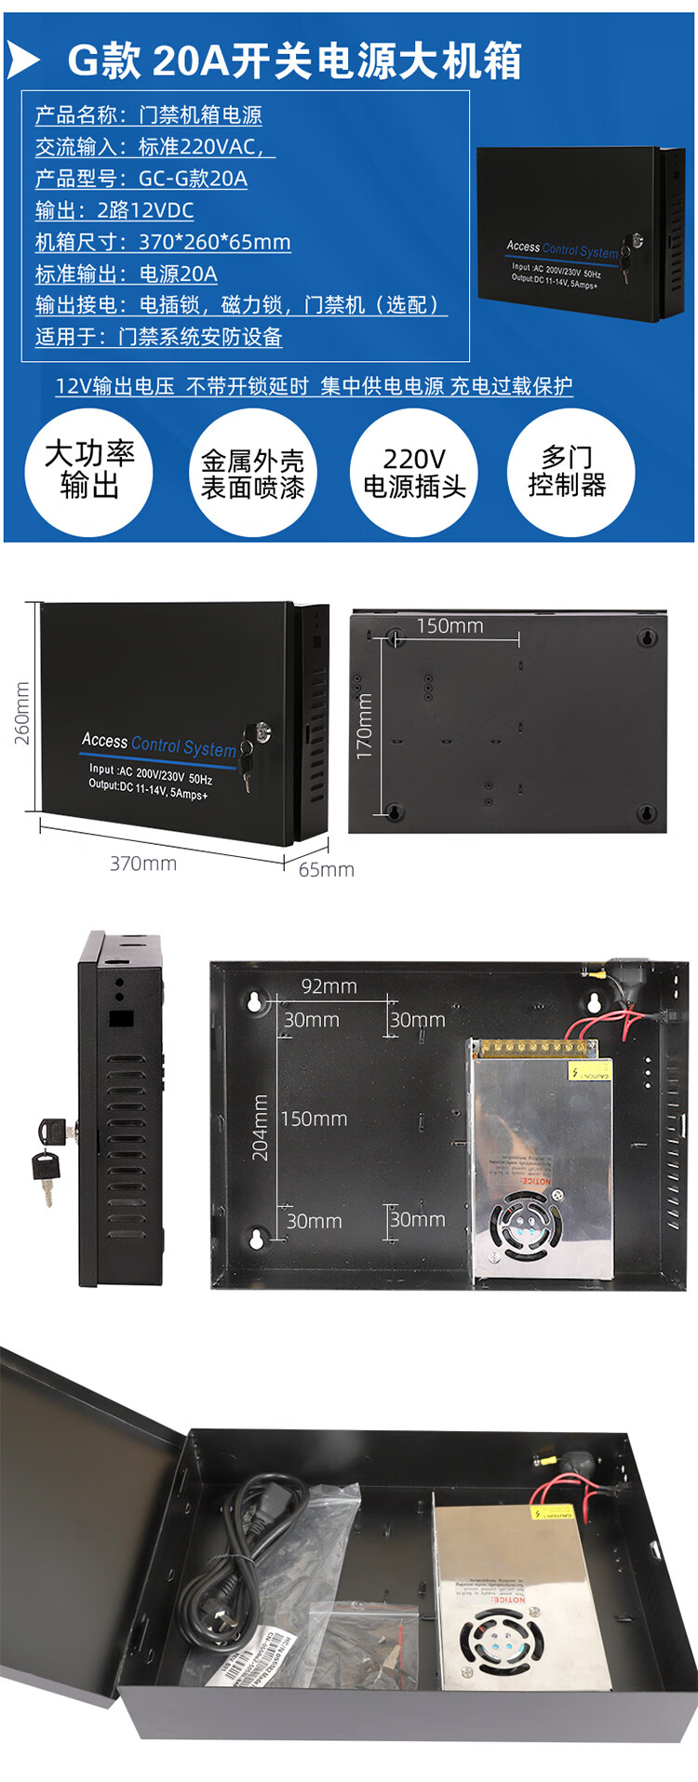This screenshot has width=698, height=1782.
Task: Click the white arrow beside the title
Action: click(23, 61)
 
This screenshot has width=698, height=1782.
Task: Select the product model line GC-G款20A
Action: click(141, 179)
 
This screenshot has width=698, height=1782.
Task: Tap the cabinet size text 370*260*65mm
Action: click(163, 242)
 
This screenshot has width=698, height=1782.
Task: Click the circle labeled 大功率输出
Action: click(89, 471)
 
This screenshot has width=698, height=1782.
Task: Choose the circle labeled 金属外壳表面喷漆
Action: click(252, 473)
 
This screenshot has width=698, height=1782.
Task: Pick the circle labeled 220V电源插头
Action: click(414, 473)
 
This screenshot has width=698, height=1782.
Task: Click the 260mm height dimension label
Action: click(21, 713)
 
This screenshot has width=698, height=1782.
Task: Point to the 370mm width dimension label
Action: click(143, 864)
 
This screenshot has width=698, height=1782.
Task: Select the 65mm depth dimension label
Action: click(326, 870)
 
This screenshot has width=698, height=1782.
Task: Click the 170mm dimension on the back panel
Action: click(364, 725)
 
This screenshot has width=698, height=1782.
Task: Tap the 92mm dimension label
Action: click(329, 986)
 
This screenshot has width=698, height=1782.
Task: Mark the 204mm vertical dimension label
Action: click(261, 1127)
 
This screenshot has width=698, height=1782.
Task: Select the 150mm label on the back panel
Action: click(450, 626)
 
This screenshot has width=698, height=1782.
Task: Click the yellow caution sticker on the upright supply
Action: click(588, 1072)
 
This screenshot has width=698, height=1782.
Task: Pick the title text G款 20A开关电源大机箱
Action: click(294, 61)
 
